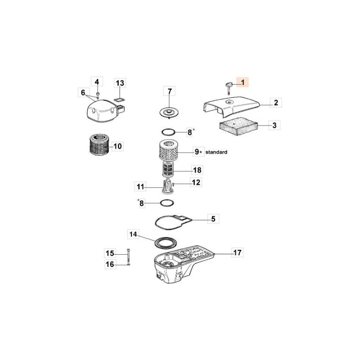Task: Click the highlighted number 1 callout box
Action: tap(243, 82)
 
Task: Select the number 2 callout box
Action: tap(276, 103)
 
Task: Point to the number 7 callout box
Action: tap(170, 92)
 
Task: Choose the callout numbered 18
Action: tap(197, 170)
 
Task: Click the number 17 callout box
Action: tap(237, 252)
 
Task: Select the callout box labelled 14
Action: tap(132, 234)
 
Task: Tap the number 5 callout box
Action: tap(213, 219)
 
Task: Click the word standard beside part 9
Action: tap(216, 153)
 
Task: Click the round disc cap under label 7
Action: tap(169, 112)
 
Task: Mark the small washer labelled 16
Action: tap(129, 265)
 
